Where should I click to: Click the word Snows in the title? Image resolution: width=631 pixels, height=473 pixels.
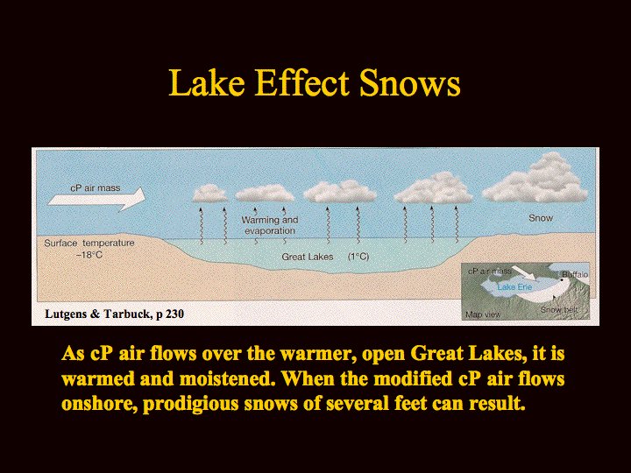(x=409, y=83)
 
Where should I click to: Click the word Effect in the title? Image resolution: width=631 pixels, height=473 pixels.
(x=301, y=83)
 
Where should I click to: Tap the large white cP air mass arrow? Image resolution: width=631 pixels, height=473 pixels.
(x=96, y=199)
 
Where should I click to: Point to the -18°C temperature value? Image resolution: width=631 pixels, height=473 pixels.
(x=89, y=255)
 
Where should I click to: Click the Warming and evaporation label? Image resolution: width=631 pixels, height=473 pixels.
(x=270, y=225)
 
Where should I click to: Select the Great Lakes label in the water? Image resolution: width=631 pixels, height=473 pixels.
(x=308, y=257)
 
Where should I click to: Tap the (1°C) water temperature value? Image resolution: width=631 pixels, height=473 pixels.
(x=358, y=257)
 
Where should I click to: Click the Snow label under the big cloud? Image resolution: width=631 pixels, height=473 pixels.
(x=541, y=218)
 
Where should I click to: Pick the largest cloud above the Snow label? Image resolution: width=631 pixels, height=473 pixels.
(x=535, y=179)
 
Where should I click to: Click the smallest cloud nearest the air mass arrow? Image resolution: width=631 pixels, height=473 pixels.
(x=210, y=194)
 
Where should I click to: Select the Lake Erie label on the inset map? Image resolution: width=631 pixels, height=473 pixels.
(x=514, y=286)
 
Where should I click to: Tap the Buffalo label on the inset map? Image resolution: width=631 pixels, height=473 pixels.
(x=575, y=274)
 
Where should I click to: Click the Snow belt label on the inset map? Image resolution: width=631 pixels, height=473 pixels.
(x=559, y=310)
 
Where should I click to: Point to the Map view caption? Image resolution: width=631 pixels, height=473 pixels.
(x=483, y=314)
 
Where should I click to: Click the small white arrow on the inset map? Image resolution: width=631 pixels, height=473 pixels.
(x=524, y=273)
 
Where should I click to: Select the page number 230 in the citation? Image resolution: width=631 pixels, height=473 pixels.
(x=174, y=314)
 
